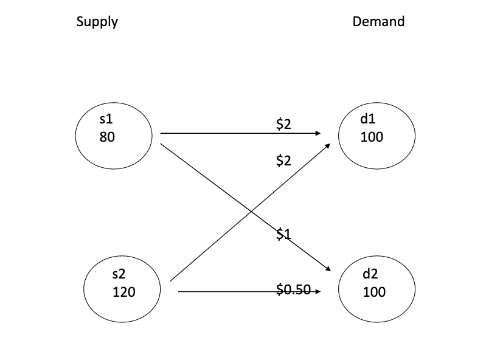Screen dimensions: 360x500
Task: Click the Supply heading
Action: coord(97,22)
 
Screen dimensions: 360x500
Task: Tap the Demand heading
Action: coord(378,22)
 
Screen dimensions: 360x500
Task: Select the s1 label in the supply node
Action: coord(106,119)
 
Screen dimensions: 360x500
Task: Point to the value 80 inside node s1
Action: coord(106,137)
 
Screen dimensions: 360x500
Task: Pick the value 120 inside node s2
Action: coord(124,292)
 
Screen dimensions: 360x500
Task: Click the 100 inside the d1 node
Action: coord(372,137)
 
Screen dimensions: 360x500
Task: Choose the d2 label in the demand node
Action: coord(370,274)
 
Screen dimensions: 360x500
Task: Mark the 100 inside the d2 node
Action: coord(373,292)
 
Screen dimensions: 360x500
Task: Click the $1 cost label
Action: coord(284,233)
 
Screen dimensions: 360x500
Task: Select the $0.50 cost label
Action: coord(294,289)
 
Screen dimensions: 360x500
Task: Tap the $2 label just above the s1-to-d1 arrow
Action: coord(284,125)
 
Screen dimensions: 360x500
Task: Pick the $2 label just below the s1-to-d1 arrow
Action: coord(284,161)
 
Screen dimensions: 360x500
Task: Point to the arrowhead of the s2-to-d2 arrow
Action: coord(317,292)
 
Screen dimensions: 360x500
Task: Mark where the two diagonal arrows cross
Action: coord(251,211)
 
